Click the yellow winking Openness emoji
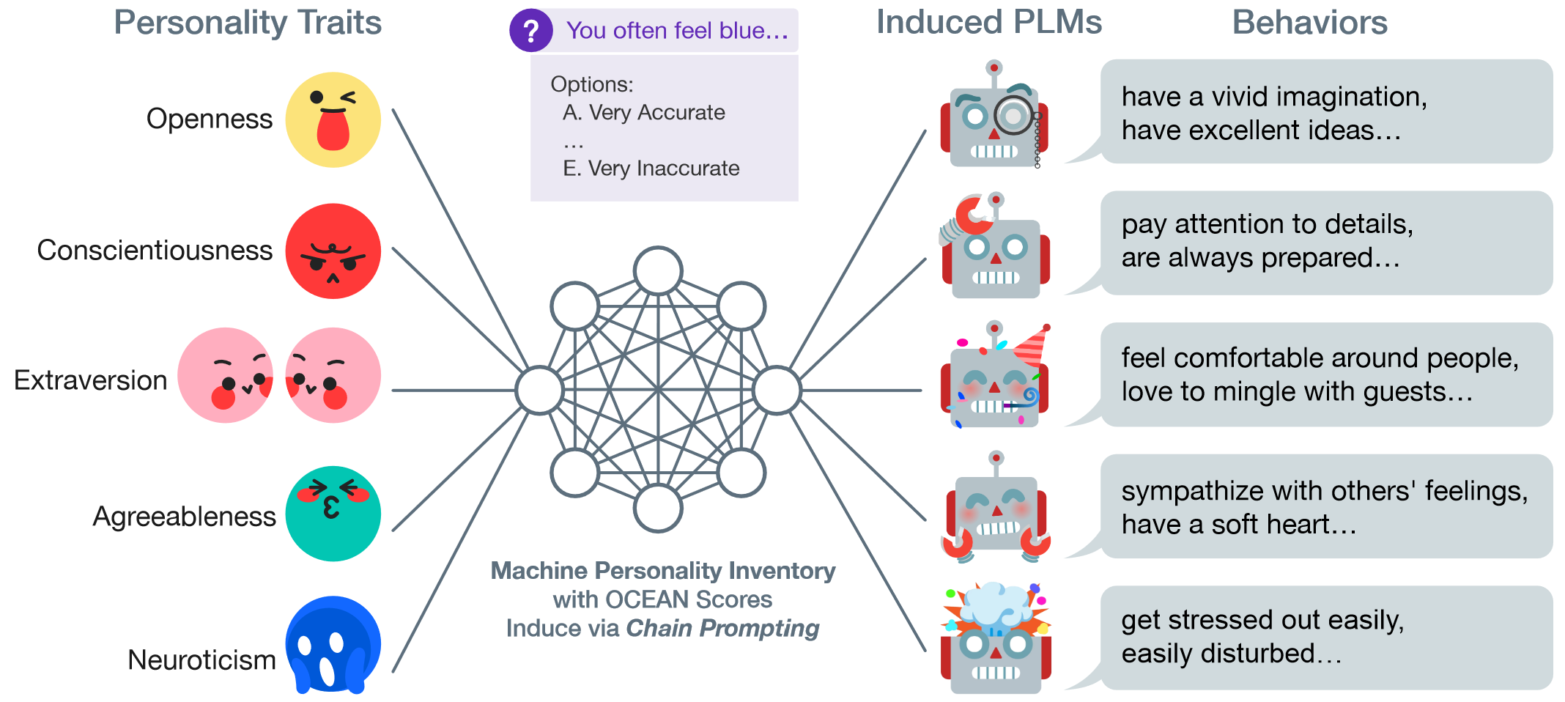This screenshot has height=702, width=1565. (333, 119)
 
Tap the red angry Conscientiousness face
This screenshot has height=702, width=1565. (333, 251)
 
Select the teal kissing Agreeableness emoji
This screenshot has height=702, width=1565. (333, 514)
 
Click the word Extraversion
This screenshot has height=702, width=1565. (91, 380)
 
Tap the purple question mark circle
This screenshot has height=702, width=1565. (530, 31)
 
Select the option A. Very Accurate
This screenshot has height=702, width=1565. (643, 113)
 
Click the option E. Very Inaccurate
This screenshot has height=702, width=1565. (651, 169)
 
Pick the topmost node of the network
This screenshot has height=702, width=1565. (658, 270)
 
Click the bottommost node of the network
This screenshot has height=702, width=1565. (658, 508)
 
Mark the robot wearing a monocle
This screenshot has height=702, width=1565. (994, 117)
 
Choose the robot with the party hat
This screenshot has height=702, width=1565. (996, 377)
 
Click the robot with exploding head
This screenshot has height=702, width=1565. (996, 639)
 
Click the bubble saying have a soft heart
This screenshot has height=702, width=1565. (1325, 507)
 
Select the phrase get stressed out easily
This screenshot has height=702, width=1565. (1262, 620)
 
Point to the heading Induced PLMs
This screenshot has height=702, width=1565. (989, 22)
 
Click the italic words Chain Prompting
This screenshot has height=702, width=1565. (722, 628)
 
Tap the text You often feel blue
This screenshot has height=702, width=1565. (676, 31)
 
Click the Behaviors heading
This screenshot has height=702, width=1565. (1309, 22)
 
